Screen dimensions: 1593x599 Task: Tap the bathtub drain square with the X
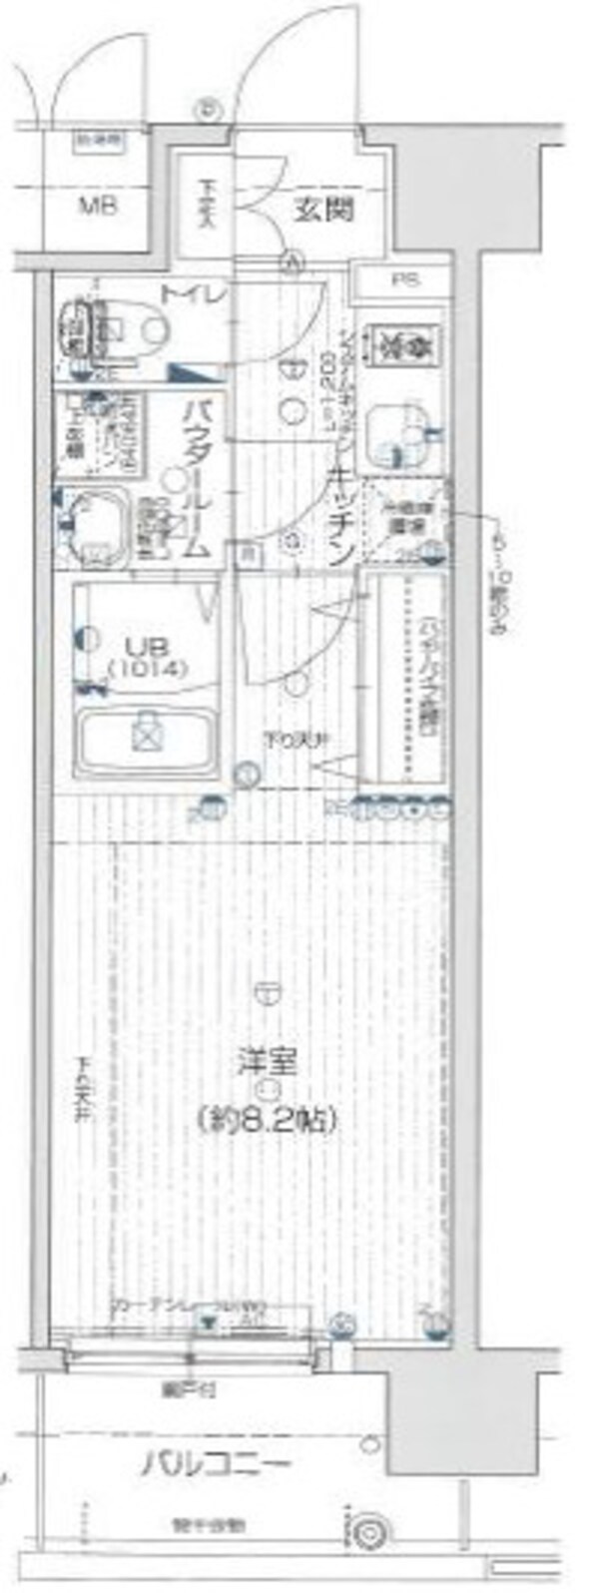point(147,736)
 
